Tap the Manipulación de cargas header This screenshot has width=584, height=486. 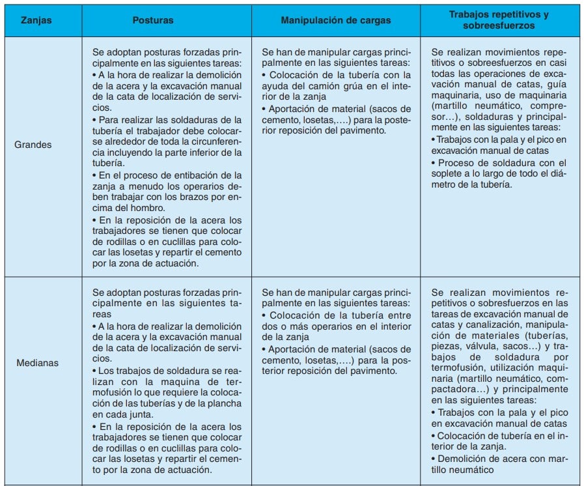336,20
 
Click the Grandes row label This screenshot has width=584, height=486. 33,144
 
